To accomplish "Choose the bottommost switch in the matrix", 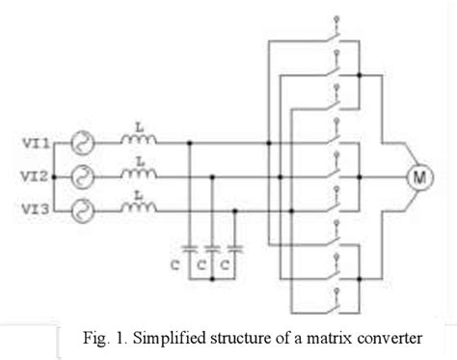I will pos(336,295).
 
